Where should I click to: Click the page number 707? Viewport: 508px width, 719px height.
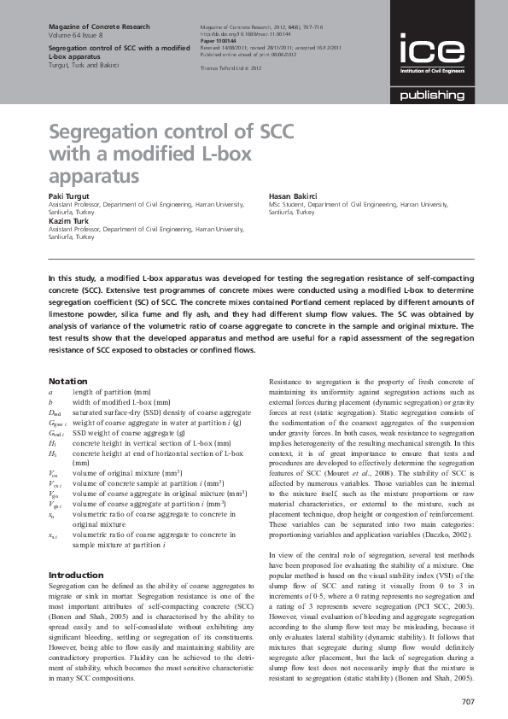(466, 702)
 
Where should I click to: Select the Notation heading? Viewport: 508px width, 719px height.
(67, 380)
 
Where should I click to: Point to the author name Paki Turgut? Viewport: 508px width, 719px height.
(67, 196)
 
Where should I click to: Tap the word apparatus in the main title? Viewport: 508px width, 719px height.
(93, 177)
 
